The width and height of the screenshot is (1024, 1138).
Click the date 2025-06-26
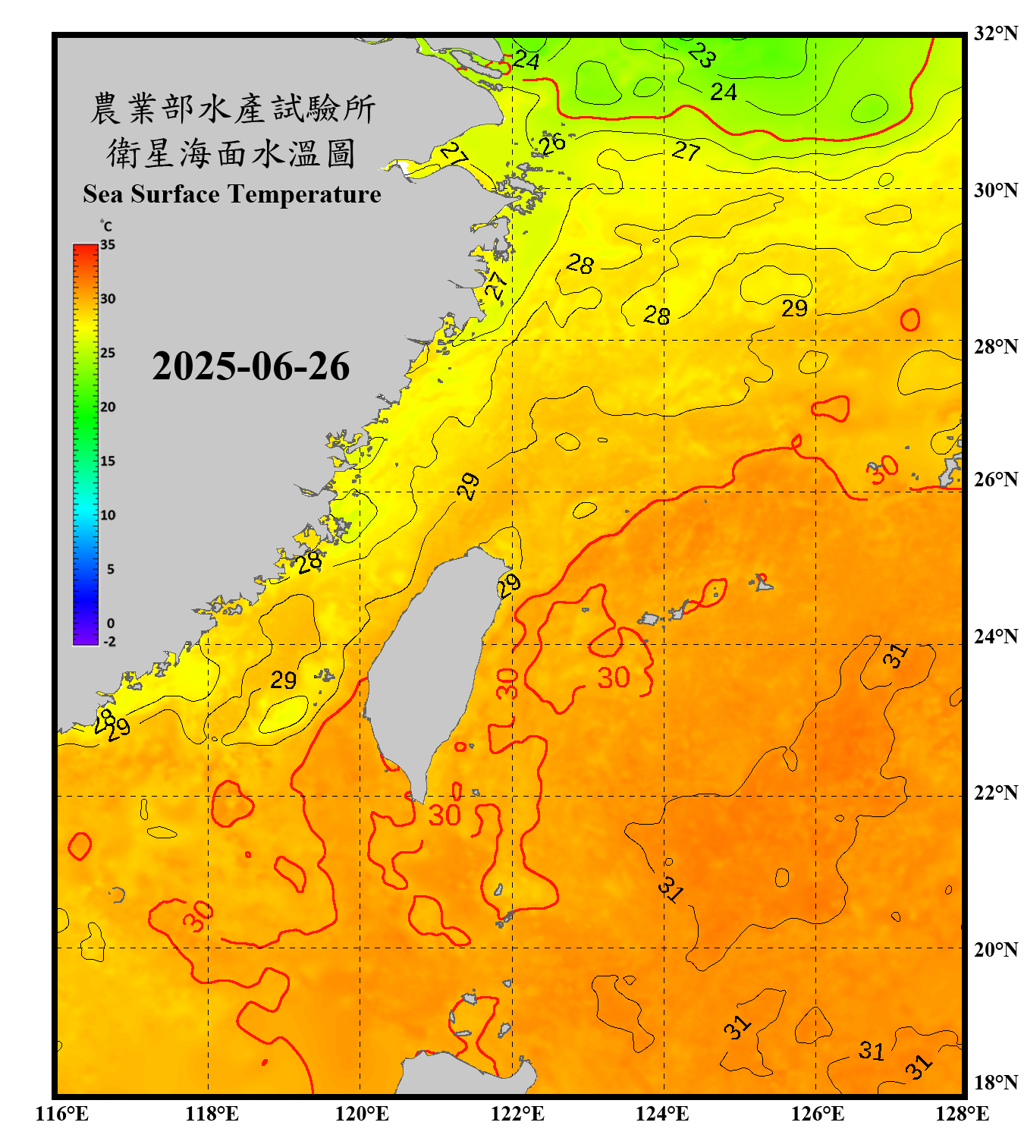click(x=250, y=366)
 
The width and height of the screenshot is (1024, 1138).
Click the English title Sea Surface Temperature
click(x=231, y=194)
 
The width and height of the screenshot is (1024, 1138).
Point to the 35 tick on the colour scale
click(x=108, y=244)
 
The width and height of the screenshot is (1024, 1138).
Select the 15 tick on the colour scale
click(x=108, y=461)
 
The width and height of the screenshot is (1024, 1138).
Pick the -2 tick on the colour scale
click(x=109, y=641)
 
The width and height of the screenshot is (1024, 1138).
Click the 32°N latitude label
click(x=995, y=33)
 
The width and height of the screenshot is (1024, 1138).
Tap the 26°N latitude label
click(x=995, y=479)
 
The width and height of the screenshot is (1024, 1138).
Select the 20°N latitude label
click(x=995, y=949)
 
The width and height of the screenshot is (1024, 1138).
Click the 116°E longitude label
click(x=61, y=1114)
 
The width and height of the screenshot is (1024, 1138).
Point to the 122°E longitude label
click(x=517, y=1114)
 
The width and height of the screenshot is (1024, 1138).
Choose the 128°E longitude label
click(x=962, y=1114)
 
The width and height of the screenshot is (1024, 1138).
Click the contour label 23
click(x=702, y=55)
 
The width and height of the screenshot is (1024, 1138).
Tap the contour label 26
click(x=552, y=143)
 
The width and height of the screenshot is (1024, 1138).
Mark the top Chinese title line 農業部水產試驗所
click(x=232, y=108)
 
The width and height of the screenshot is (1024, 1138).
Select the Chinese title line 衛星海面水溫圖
click(x=231, y=153)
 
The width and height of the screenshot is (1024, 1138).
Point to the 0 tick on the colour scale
click(x=111, y=623)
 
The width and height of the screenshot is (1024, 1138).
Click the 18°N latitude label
click(x=995, y=1083)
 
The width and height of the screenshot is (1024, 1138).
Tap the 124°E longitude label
click(x=662, y=1114)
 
